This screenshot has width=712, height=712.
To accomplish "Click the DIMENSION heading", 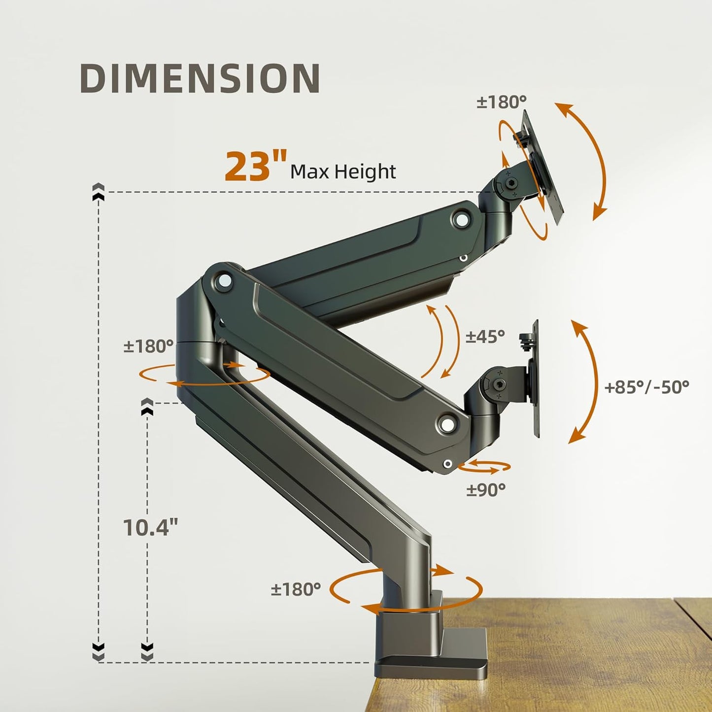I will point(200,78).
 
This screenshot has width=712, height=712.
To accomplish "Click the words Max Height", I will point(343,172).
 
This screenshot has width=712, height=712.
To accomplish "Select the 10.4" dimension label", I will point(150,528).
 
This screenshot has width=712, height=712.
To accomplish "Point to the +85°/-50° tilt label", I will point(646,387).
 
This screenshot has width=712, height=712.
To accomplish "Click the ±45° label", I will point(485,336).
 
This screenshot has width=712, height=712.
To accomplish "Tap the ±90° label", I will point(486,489).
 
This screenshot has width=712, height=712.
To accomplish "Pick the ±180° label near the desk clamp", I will point(296,589).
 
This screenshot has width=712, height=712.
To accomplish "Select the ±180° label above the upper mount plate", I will point(501,102).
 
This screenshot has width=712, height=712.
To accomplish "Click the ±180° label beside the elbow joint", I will point(148,346).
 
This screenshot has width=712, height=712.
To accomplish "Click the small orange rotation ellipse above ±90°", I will point(485,466).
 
